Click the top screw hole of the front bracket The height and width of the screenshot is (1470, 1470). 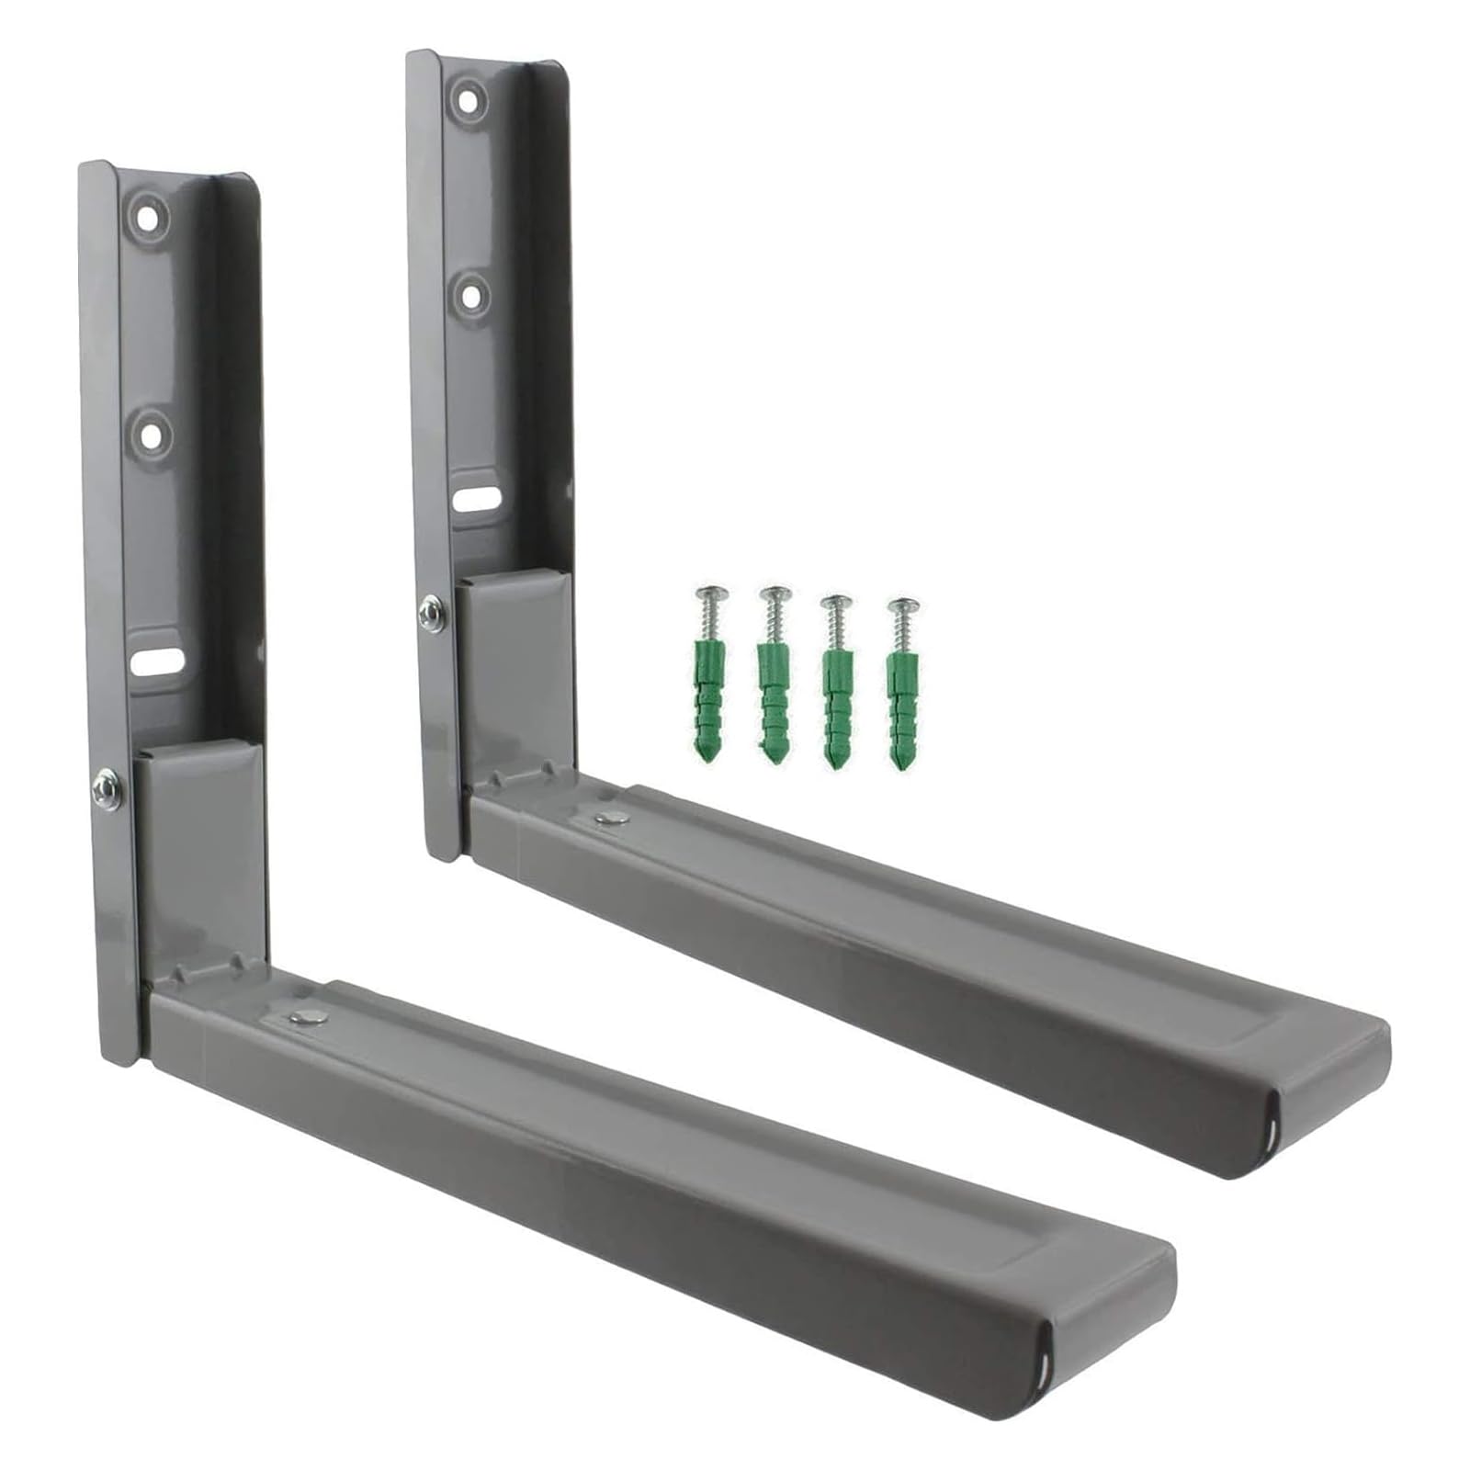pos(147,218)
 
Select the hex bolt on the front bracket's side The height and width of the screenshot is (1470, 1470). pos(107,787)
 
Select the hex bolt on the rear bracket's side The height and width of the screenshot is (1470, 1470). pos(431,613)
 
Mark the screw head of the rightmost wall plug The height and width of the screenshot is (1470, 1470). pos(903,605)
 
